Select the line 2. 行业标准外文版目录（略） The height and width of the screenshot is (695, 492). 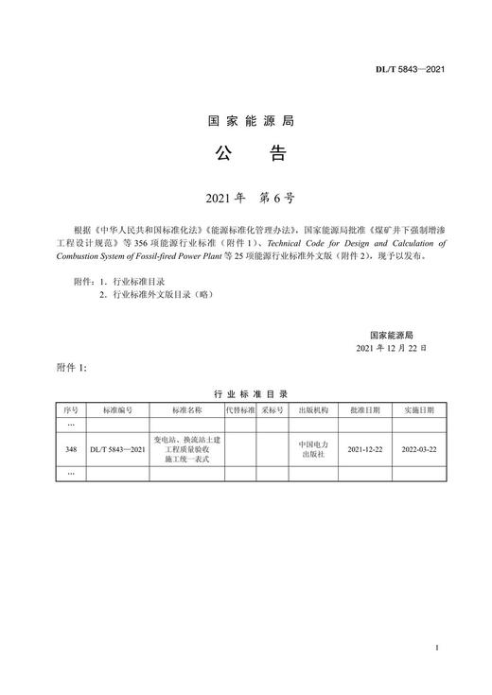[x=157, y=295]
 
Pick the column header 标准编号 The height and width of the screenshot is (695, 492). [x=117, y=411]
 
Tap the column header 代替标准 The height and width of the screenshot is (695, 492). [x=240, y=411]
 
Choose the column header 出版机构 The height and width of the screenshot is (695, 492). [x=312, y=411]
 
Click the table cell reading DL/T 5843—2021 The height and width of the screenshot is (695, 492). [x=117, y=449]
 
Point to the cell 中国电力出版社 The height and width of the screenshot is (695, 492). [x=312, y=449]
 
